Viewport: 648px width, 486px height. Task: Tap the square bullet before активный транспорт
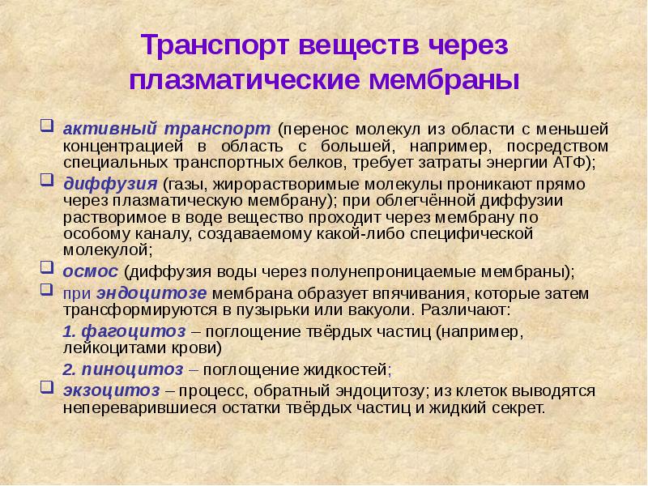pos(47,127)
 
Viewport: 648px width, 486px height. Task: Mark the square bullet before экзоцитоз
pos(47,389)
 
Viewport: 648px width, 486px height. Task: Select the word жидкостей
pos(335,370)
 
